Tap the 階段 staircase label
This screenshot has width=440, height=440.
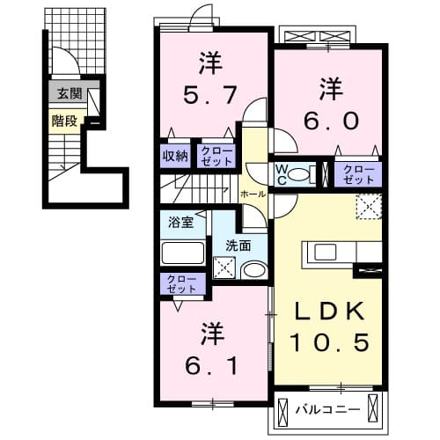coord(62,121)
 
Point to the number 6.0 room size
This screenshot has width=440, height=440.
coord(331,119)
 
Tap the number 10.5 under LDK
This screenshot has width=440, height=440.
coord(330,341)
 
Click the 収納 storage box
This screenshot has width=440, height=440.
coord(175,156)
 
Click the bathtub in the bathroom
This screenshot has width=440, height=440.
coord(183,253)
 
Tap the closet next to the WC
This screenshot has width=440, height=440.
coord(358,172)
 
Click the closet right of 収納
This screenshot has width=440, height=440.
coord(215,156)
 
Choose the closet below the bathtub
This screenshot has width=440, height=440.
coord(180,283)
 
